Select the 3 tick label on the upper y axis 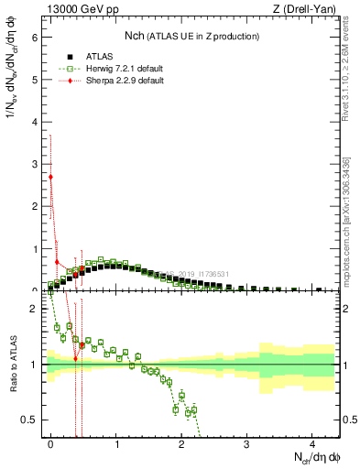[36, 164]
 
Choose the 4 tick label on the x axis [312, 442]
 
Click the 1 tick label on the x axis [116, 442]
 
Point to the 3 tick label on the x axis [247, 442]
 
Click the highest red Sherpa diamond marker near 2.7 [51, 177]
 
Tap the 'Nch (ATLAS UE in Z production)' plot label [191, 36]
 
